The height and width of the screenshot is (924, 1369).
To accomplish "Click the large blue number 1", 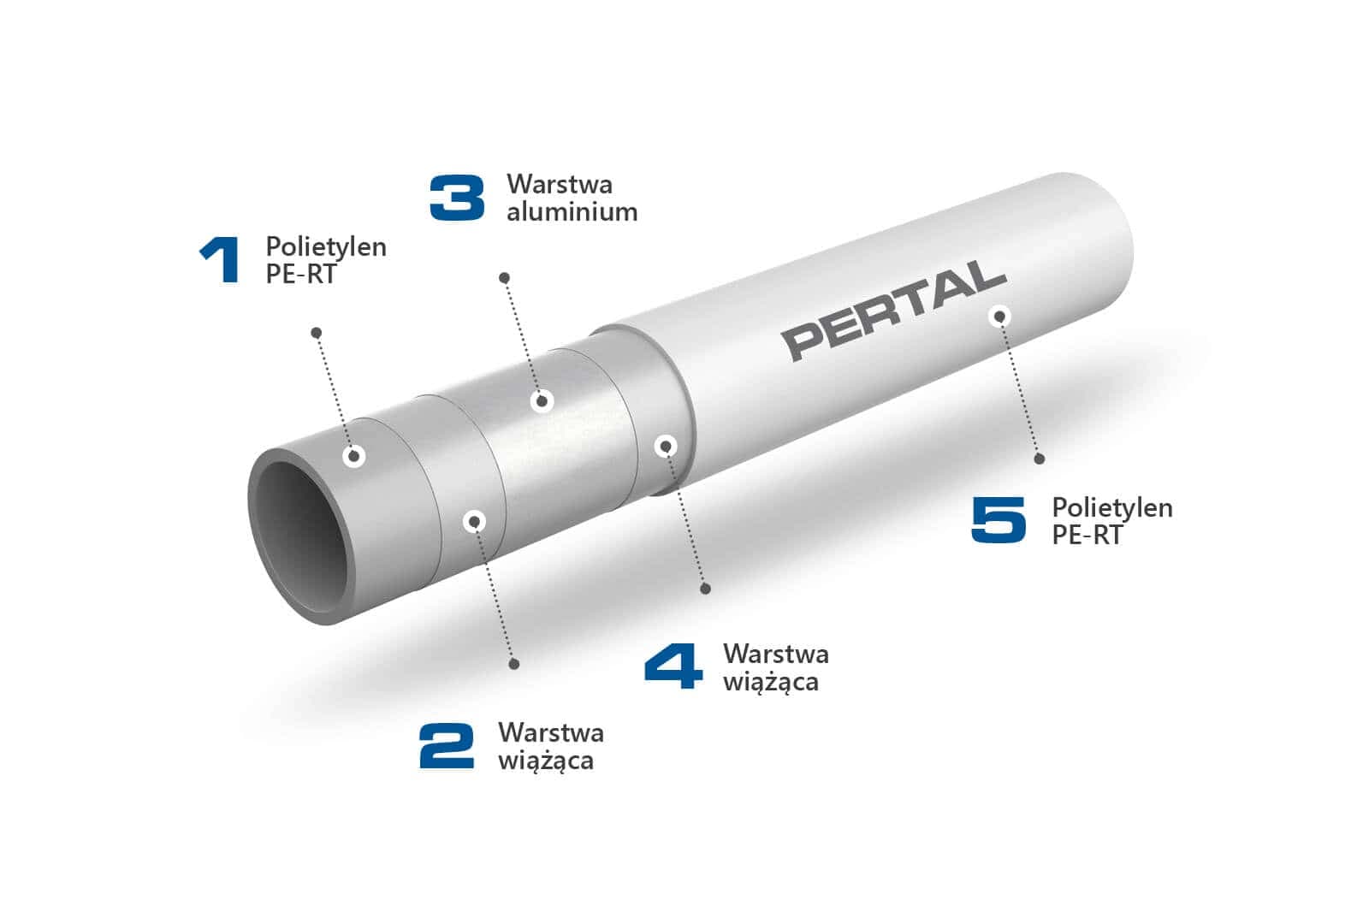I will tap(220, 260).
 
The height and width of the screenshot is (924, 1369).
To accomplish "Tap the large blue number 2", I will tap(447, 745).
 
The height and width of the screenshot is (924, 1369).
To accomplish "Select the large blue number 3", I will tap(457, 198).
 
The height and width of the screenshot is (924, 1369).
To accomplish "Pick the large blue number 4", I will tap(673, 666).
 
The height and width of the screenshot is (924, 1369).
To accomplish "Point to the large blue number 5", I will tap(999, 519).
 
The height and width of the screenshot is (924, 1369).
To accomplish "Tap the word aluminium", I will tap(572, 212).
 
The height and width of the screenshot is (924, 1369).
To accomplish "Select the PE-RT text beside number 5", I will tap(1087, 536).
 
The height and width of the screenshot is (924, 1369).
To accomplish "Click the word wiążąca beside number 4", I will tap(770, 682).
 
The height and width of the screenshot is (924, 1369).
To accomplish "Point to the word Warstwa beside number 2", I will tap(550, 732).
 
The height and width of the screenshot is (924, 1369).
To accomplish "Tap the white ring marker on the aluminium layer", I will tap(542, 400).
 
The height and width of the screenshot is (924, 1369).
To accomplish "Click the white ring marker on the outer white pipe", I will tap(999, 317).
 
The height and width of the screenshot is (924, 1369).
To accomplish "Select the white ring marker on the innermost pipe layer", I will tap(354, 456).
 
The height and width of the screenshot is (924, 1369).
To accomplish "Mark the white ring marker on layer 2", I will tap(475, 521).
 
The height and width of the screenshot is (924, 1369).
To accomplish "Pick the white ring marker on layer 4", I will tap(667, 446).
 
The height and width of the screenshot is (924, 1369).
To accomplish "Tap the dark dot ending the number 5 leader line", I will tap(1040, 459).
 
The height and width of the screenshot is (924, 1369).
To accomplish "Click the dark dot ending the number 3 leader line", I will tap(505, 278).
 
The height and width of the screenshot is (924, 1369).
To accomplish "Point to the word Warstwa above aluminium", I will tap(560, 184).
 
